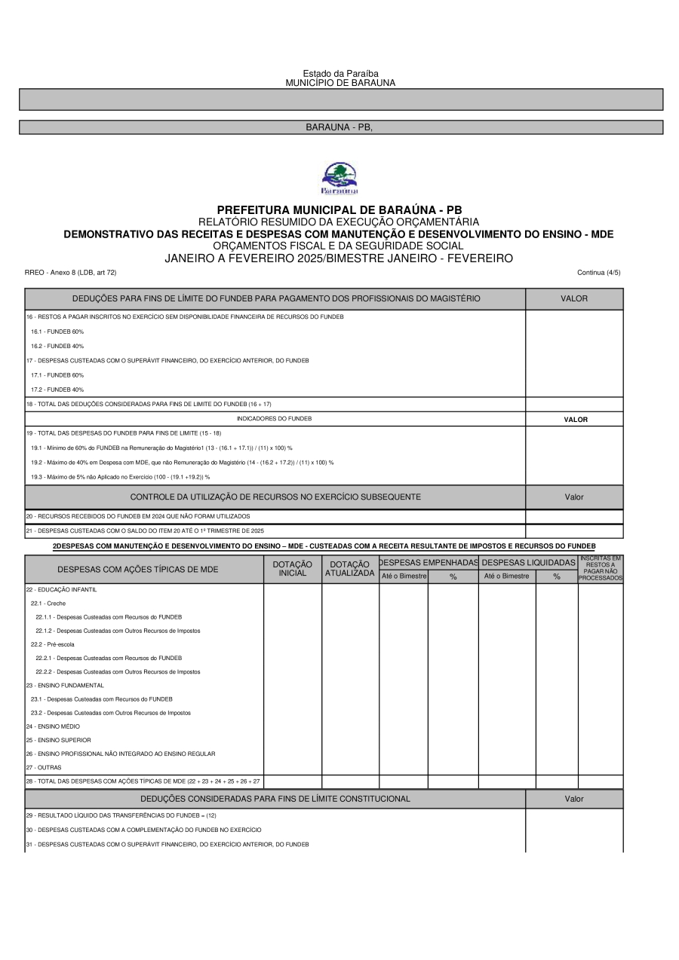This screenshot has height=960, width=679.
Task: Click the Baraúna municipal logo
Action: click(339, 178)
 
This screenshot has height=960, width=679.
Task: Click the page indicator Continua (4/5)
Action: click(598, 272)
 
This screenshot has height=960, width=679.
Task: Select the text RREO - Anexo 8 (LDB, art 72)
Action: click(70, 272)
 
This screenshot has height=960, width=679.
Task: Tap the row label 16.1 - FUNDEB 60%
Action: click(57, 332)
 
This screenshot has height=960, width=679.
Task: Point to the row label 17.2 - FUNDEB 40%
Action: click(57, 390)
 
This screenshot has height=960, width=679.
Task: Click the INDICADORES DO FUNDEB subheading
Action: click(274, 419)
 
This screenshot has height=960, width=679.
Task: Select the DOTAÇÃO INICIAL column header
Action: click(293, 569)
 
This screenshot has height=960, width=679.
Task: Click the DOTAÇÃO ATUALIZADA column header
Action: click(350, 569)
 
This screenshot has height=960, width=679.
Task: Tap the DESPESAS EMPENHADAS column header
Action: click(429, 562)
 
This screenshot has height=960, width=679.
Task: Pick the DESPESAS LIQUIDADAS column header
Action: click(528, 562)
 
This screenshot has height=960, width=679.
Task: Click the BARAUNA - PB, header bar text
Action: click(339, 127)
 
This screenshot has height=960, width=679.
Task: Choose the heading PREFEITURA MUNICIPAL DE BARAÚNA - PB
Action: click(339, 209)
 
